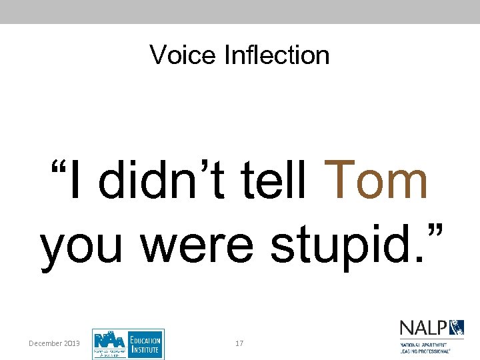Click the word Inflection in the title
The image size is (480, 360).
277,55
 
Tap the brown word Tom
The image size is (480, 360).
379,181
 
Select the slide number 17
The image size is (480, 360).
239,343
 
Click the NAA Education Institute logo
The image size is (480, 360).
128,344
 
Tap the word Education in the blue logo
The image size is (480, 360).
145,339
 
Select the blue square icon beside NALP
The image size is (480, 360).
457,327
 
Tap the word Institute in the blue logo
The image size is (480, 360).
144,349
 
